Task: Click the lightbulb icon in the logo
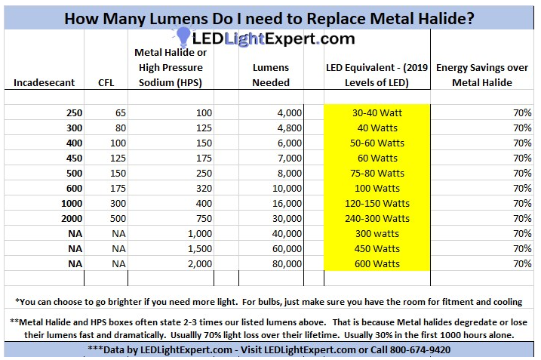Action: coord(183,36)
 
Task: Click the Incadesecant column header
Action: coord(46,82)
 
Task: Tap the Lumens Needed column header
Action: coord(271,75)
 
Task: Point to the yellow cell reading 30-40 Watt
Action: coord(377,112)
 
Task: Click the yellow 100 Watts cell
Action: coord(377,188)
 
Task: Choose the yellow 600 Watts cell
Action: coord(377,263)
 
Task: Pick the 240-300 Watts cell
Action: coord(377,218)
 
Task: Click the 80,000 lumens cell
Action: coord(286,263)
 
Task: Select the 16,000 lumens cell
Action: coord(286,203)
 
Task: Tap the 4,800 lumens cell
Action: coord(287,128)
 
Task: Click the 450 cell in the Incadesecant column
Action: coord(73,158)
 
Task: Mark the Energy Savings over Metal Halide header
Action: coord(484,75)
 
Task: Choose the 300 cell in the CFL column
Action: coord(117,203)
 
